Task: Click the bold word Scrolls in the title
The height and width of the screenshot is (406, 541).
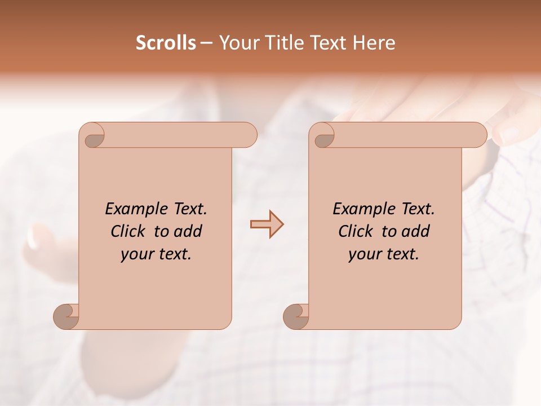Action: pos(166,43)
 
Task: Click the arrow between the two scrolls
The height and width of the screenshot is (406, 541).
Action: pos(267,224)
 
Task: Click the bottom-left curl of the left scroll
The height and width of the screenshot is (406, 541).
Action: pos(66,316)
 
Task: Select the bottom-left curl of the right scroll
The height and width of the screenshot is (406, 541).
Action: pos(296,316)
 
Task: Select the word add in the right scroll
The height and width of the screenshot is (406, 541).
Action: pos(416,231)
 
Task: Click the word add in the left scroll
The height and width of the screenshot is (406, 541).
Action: pos(189,231)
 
